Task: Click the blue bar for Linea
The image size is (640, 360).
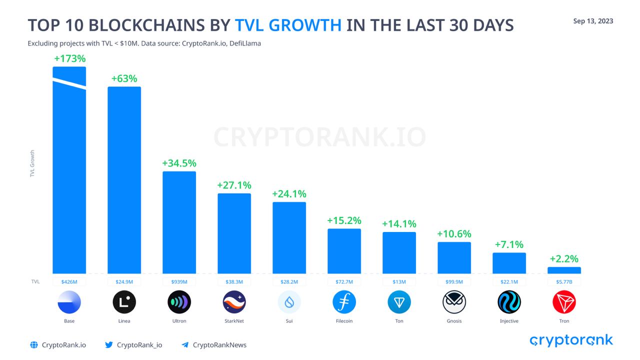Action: point(124,180)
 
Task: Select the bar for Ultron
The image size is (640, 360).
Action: point(179,222)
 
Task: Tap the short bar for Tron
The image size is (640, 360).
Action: point(564,270)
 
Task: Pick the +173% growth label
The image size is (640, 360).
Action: point(69,58)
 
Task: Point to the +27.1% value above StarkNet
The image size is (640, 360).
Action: point(234,185)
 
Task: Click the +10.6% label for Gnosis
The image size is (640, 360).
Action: point(454,234)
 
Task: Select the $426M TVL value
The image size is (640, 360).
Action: point(69,282)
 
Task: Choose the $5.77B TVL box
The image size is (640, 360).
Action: point(564,282)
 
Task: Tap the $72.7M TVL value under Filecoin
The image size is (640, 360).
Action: point(344,282)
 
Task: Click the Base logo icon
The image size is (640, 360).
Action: point(69,302)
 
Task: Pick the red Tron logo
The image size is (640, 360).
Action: point(564,302)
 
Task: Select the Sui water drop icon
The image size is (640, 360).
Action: point(289,302)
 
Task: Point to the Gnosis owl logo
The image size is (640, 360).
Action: point(454,302)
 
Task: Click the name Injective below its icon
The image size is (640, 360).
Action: point(509,321)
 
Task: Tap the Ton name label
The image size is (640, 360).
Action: point(399,321)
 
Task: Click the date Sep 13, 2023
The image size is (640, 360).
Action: point(593,21)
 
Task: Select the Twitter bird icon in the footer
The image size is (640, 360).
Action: point(109,345)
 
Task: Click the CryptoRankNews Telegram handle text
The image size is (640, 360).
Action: point(219,345)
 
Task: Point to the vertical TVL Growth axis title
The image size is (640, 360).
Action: point(32,163)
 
